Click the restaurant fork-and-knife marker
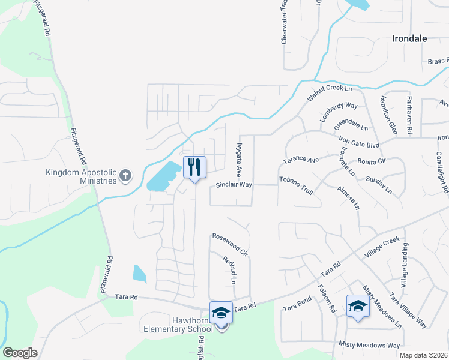coord(194,167)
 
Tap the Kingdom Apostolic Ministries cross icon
coord(125,175)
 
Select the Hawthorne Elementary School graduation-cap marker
coord(221,313)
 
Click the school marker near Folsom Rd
coord(358,305)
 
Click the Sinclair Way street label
coord(234,185)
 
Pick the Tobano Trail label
coord(297,180)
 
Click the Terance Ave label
coord(301,160)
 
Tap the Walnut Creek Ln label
coord(329,92)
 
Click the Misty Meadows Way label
coord(369,346)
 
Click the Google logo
coord(20,352)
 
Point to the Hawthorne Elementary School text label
coord(178,325)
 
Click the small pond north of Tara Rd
coord(139,274)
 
